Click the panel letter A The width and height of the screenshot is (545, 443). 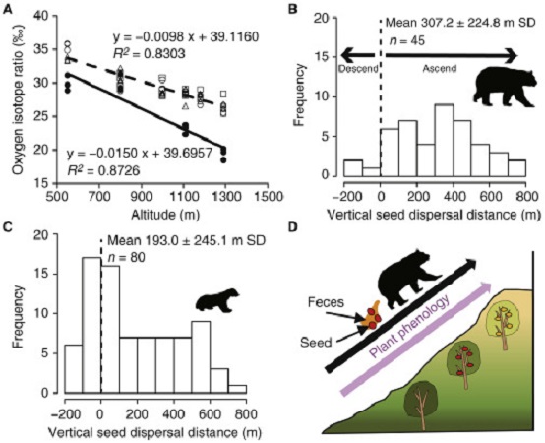(x=8, y=10)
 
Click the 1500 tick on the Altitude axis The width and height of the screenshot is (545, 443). (x=268, y=197)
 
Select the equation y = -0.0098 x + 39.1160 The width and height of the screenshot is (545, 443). (x=186, y=36)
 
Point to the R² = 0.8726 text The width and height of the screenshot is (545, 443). (x=103, y=170)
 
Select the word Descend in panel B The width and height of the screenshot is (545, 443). (x=358, y=69)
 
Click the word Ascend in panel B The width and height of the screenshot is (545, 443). (x=440, y=69)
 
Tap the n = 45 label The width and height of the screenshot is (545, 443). (x=406, y=41)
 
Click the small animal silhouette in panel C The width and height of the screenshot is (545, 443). (x=216, y=299)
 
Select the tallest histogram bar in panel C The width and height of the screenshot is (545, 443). (x=91, y=325)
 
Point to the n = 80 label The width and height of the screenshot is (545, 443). (x=127, y=257)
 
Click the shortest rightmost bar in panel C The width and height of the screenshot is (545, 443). (x=237, y=389)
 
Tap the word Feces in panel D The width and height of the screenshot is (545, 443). (x=326, y=302)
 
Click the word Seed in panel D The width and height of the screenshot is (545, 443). (x=317, y=343)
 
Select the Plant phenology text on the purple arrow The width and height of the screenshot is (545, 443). (x=409, y=327)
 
